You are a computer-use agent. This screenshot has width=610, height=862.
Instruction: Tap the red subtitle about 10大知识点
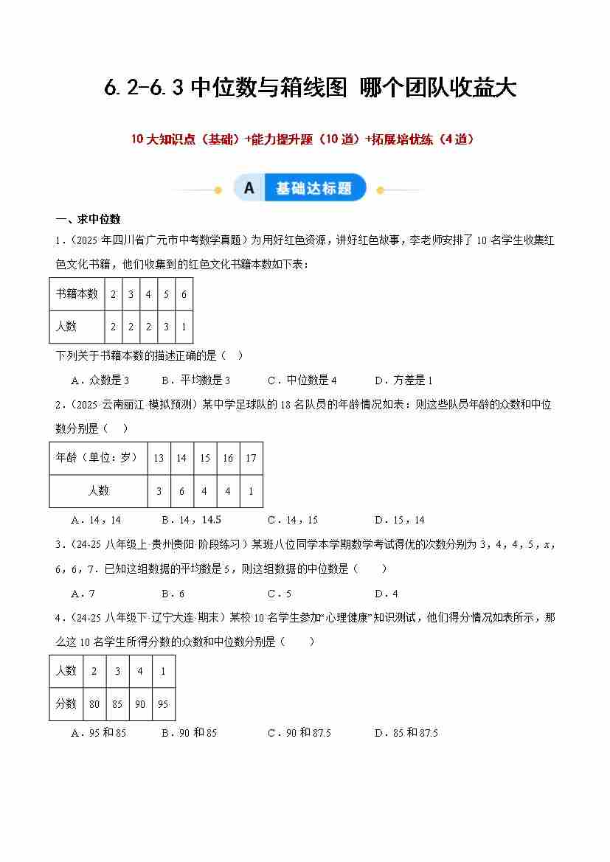(x=302, y=139)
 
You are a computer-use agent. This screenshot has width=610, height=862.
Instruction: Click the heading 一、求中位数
(x=88, y=219)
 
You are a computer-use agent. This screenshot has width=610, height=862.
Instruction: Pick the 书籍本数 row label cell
(x=77, y=293)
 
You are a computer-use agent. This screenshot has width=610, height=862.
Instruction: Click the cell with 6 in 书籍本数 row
(x=184, y=293)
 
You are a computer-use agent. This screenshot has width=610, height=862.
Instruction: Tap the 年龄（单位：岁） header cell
(x=98, y=458)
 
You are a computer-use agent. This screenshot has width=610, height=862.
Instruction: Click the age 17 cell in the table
(x=251, y=458)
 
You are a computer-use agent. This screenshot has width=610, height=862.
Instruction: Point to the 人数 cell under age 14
(x=181, y=491)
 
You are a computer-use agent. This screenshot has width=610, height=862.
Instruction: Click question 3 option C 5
(x=280, y=593)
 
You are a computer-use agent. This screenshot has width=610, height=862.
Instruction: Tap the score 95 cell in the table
(x=163, y=704)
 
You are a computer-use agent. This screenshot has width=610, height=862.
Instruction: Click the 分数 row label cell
(x=66, y=704)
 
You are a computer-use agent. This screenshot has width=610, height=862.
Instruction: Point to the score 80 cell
(x=94, y=704)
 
